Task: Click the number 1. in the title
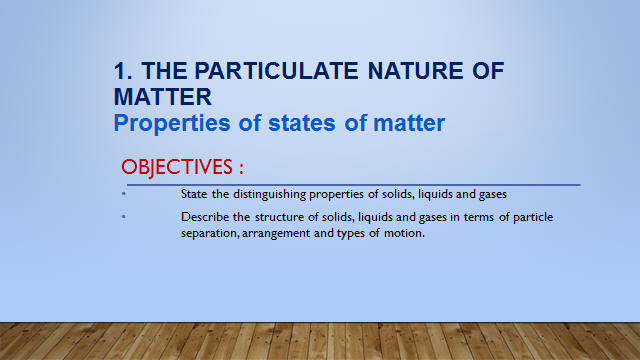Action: click(x=123, y=71)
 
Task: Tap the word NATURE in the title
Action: click(x=415, y=71)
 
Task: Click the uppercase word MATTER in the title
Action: click(x=163, y=97)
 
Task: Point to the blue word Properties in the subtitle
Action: click(x=172, y=124)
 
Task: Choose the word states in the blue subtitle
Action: click(x=302, y=123)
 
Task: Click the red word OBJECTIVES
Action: click(x=177, y=167)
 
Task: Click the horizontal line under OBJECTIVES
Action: click(x=353, y=185)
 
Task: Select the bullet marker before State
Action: click(x=124, y=193)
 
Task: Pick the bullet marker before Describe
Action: click(x=124, y=216)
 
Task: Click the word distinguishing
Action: click(x=269, y=195)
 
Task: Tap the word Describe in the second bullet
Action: click(x=205, y=217)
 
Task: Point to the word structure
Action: click(x=280, y=217)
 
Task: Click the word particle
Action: click(x=533, y=218)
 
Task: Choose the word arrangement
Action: click(x=276, y=234)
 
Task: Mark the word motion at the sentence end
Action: click(x=404, y=233)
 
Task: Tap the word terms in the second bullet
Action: click(x=478, y=218)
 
